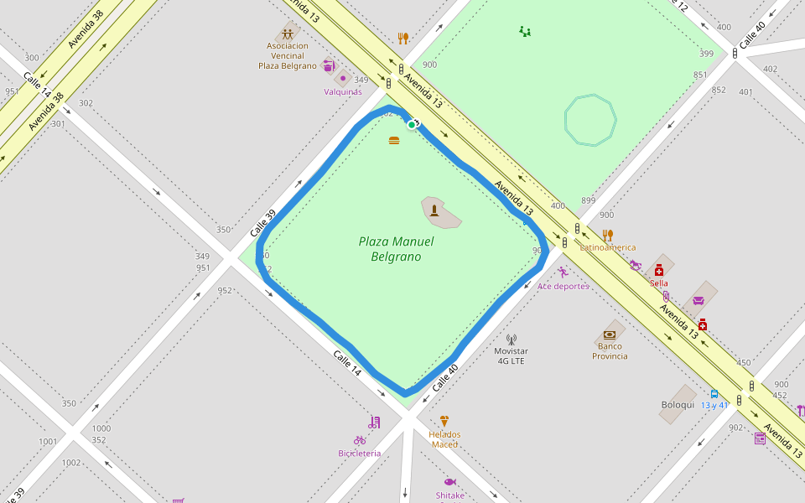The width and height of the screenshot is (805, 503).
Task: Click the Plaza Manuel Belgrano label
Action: tap(396, 249)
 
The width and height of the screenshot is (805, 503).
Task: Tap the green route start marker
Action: tap(412, 124)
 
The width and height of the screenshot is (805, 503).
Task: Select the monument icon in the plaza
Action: tap(434, 210)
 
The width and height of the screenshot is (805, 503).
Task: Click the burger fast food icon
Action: tap(394, 140)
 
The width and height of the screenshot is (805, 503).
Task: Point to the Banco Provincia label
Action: tap(610, 350)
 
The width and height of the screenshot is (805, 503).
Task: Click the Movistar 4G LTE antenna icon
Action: tap(512, 340)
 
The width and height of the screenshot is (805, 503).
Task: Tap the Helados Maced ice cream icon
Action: tap(444, 422)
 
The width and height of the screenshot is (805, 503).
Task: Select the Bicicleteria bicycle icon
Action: tap(360, 440)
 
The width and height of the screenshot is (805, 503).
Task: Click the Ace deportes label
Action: tap(563, 286)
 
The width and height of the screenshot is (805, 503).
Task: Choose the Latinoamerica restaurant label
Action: tap(608, 247)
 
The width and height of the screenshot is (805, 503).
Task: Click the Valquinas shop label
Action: tap(343, 91)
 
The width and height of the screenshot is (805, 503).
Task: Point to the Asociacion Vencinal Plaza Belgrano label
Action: tap(288, 55)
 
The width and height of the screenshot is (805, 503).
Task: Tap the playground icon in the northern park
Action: tap(525, 32)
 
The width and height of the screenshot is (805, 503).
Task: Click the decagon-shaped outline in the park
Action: tap(590, 121)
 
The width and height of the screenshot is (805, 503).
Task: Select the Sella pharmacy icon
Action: tap(659, 270)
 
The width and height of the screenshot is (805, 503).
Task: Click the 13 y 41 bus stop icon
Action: tap(714, 394)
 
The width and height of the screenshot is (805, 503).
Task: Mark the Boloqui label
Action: tap(678, 405)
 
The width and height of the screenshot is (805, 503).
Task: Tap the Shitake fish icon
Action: tap(449, 482)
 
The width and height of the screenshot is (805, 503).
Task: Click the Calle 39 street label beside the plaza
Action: tap(262, 223)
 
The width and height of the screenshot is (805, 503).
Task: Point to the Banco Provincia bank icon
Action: tap(610, 334)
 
